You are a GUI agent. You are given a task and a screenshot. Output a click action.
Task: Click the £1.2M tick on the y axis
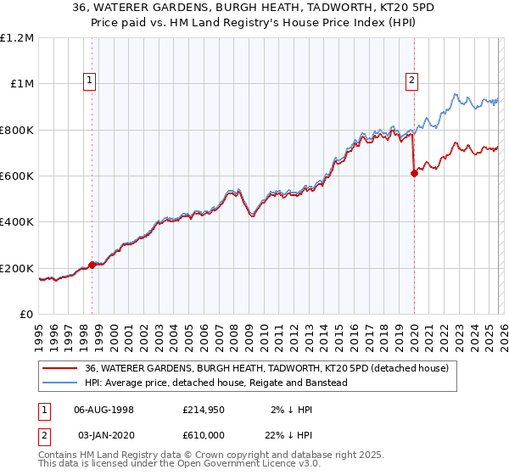pos(17,38)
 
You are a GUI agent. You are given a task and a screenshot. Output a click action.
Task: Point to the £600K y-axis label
pos(17,176)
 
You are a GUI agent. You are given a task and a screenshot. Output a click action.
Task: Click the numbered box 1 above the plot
pos(90,81)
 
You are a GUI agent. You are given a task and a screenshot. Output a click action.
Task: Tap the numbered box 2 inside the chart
pos(411,81)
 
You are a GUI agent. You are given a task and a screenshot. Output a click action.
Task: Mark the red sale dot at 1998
pos(92,265)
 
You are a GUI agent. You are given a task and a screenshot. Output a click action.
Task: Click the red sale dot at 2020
pos(414,174)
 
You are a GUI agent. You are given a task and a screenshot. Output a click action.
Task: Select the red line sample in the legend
pos(59,368)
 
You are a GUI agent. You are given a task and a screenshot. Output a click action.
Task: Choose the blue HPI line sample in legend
pos(59,383)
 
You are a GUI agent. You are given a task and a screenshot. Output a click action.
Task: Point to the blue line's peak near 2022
pos(456,94)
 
